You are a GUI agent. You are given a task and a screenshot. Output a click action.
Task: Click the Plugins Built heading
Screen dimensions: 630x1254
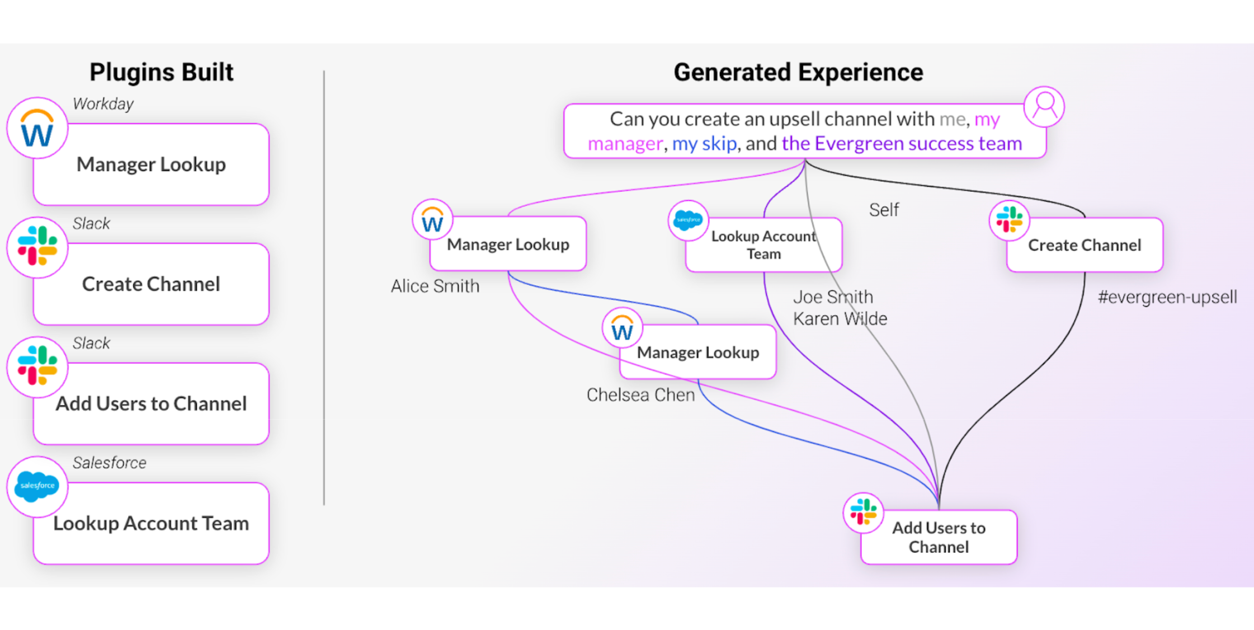(x=161, y=72)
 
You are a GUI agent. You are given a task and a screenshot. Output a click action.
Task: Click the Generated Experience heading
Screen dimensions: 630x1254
(x=798, y=72)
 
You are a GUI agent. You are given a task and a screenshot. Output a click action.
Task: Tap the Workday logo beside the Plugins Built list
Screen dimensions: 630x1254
(x=37, y=129)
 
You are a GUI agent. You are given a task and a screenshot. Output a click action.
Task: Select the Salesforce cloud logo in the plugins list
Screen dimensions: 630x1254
(x=37, y=486)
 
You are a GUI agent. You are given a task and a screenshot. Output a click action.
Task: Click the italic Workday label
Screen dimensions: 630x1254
(x=103, y=104)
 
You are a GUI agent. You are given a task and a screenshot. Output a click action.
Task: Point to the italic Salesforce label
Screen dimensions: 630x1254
(x=109, y=463)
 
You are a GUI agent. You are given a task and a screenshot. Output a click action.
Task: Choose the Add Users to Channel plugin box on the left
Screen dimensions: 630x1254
(x=151, y=403)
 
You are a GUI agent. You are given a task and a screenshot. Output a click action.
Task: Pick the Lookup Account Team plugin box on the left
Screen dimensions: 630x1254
(x=151, y=523)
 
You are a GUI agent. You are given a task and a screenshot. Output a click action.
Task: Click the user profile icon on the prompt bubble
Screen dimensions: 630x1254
(x=1044, y=106)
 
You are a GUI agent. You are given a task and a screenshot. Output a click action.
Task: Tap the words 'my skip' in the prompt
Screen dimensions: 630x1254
(x=704, y=144)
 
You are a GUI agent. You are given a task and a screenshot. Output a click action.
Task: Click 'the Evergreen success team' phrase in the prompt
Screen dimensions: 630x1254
(x=902, y=144)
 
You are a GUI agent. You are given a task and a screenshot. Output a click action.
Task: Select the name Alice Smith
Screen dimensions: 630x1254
(x=435, y=286)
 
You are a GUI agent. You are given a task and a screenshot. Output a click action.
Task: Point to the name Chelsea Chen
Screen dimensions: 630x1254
(x=640, y=395)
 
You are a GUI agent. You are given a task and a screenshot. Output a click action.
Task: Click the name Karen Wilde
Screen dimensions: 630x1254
(x=840, y=319)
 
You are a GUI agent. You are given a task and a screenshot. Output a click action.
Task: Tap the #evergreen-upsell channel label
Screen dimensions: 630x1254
(x=1167, y=297)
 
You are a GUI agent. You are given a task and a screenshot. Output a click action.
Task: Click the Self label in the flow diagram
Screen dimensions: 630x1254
(x=884, y=210)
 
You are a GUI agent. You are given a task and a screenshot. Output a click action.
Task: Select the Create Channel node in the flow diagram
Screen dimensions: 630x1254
(x=1084, y=245)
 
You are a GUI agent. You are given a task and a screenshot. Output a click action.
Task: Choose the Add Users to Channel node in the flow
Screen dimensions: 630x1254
(x=939, y=537)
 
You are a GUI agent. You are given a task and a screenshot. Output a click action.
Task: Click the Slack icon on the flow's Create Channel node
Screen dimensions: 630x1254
(x=1009, y=220)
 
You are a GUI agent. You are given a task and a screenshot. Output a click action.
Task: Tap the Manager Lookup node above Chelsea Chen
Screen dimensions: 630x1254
(x=697, y=352)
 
